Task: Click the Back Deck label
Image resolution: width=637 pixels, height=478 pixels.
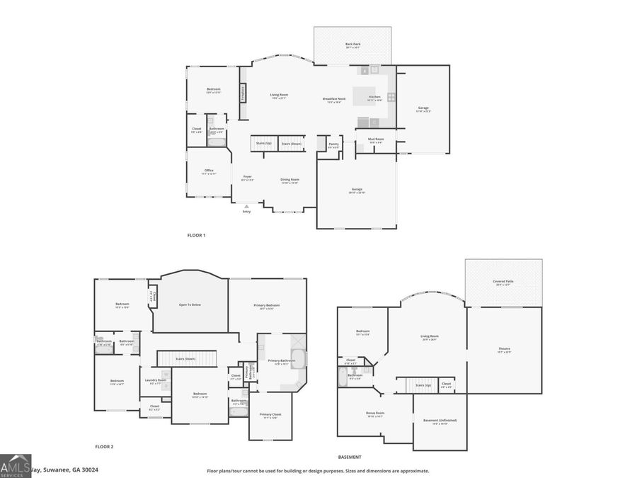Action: point(352,45)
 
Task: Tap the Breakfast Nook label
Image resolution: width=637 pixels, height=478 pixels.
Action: point(334,98)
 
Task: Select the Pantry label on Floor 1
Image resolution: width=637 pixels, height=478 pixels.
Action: point(333,144)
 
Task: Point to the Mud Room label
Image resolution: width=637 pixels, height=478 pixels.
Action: point(376,139)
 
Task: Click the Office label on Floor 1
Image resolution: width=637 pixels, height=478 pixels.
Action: point(209,170)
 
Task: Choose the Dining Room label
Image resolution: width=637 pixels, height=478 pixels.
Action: point(289,179)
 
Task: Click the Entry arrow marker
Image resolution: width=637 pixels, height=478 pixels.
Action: point(246,205)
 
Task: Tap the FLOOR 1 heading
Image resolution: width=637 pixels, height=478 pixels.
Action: point(196,235)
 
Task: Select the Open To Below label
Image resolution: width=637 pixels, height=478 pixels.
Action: point(190,305)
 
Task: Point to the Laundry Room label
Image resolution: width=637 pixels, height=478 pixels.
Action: point(155,380)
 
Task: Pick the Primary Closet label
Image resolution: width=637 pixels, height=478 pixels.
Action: point(270,414)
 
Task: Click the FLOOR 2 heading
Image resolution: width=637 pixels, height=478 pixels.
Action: point(104,447)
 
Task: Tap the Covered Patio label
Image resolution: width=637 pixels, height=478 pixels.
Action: point(504,281)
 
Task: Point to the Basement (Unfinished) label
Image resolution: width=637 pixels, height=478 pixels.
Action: point(440,420)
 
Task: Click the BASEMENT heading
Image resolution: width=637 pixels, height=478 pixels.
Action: point(350,457)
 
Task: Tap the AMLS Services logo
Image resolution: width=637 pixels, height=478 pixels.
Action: point(16,466)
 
